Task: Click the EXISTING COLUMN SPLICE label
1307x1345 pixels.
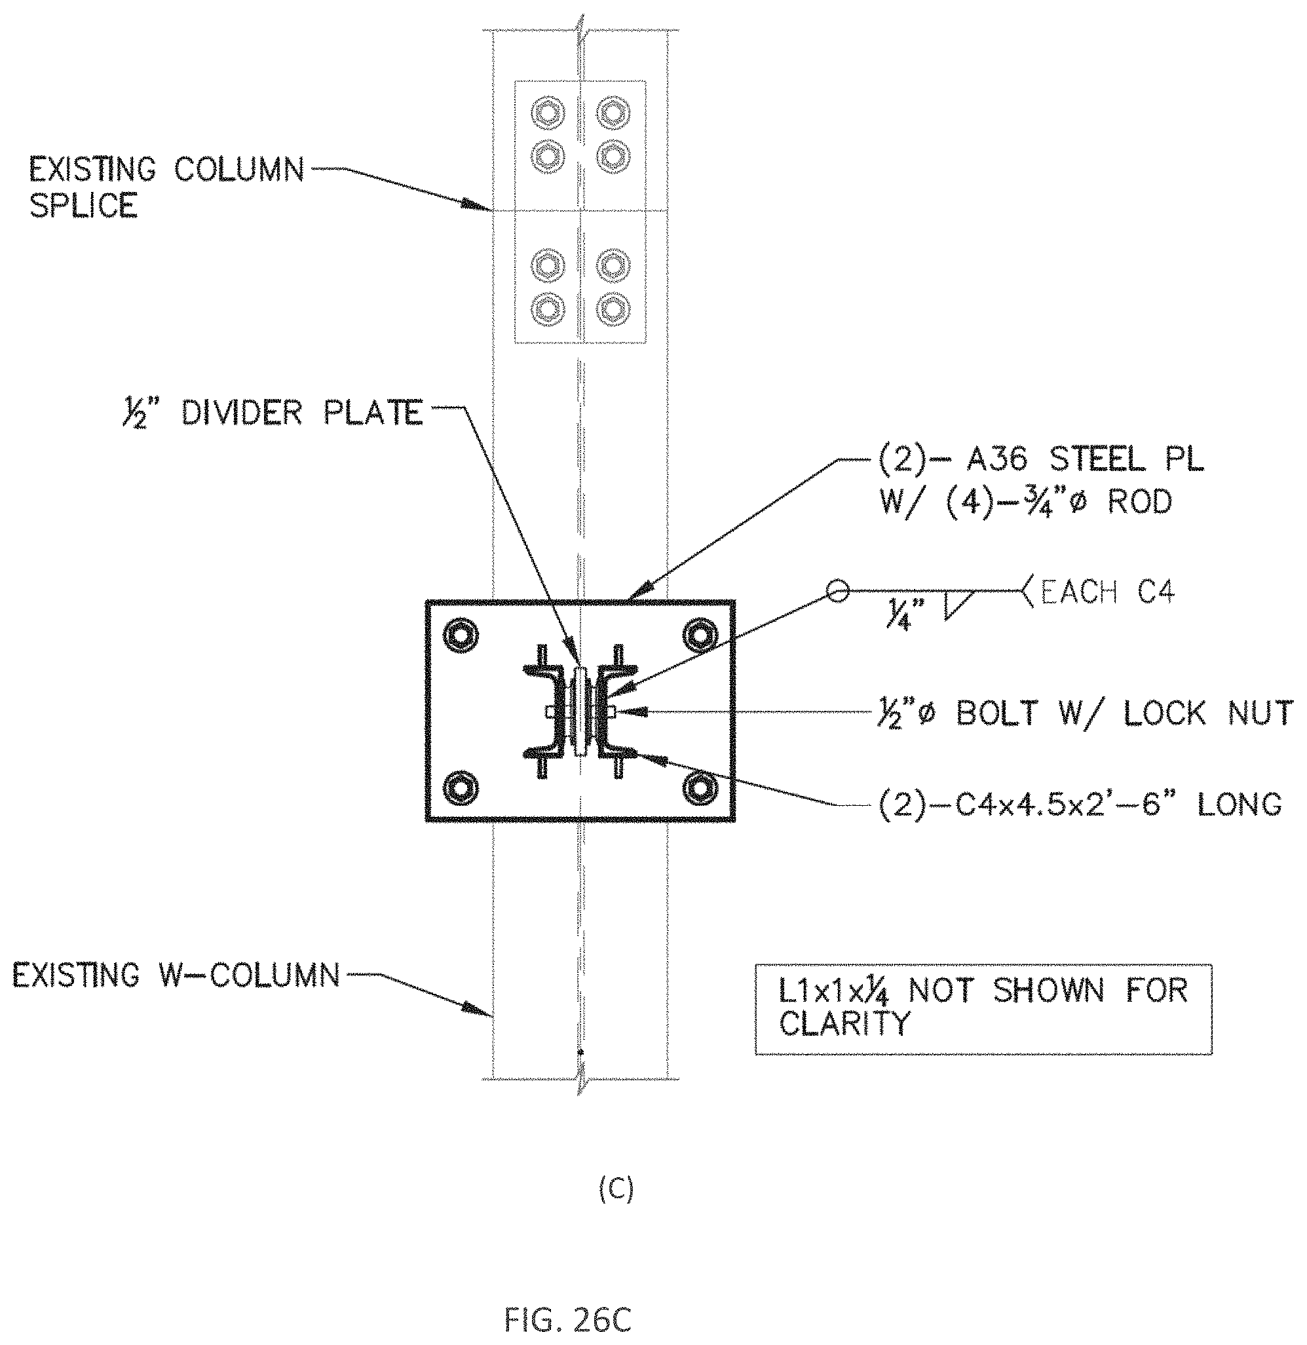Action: point(167,187)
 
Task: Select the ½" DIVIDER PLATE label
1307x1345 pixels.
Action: point(269,413)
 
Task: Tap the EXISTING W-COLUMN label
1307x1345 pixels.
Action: point(176,975)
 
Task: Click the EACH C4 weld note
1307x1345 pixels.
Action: point(1107,592)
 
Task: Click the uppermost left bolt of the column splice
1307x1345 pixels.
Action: point(548,113)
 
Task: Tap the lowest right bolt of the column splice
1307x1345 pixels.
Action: point(613,310)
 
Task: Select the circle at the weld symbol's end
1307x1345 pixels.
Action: point(837,590)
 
